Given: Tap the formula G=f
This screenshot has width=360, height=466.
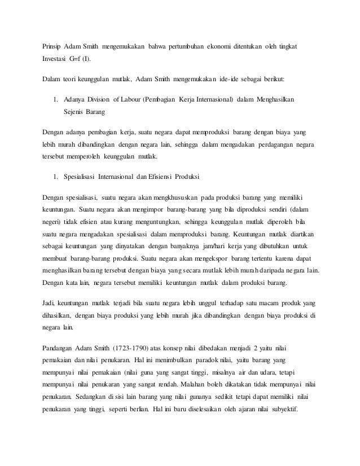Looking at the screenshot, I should click(75, 58).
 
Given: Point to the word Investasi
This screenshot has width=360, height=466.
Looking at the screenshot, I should click(55, 58).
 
